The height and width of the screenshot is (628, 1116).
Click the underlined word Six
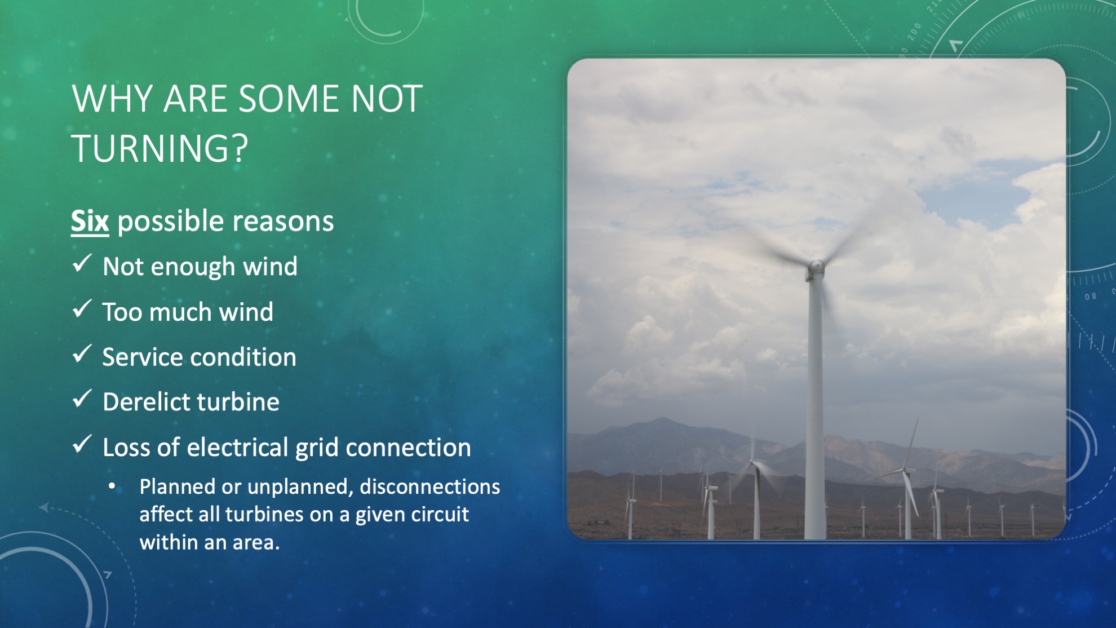(x=90, y=221)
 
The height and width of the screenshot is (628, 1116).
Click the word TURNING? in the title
(x=160, y=148)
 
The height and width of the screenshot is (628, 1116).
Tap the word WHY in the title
(x=112, y=99)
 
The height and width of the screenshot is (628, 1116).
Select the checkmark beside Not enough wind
(x=82, y=263)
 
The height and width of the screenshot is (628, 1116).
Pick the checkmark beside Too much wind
(x=82, y=308)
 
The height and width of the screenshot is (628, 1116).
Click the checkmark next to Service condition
(x=82, y=353)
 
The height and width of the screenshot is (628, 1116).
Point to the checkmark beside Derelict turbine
(x=82, y=399)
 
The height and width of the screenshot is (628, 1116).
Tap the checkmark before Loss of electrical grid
(x=82, y=444)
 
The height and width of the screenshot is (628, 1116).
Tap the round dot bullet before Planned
(x=112, y=487)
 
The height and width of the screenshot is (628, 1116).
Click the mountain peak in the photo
(x=664, y=419)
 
